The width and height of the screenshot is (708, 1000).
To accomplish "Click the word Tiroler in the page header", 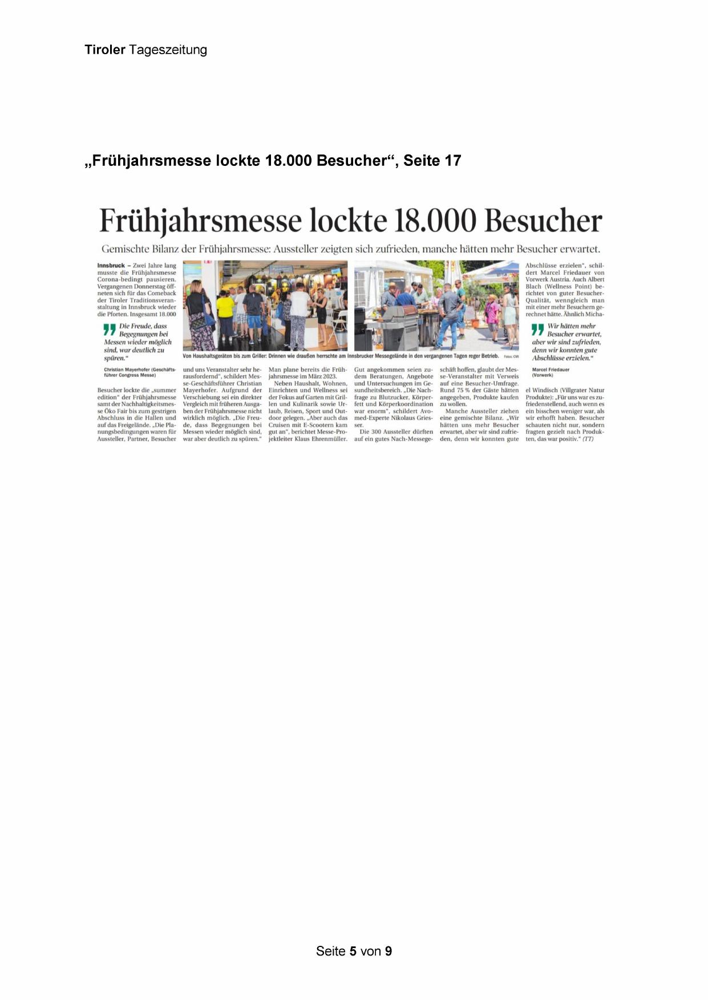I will (x=105, y=50).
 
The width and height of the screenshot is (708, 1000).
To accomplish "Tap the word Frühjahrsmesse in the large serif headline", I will (x=200, y=221).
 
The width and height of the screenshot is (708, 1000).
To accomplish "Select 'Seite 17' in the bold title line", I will (x=432, y=161).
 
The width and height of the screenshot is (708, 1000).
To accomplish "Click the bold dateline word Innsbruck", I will (x=111, y=266).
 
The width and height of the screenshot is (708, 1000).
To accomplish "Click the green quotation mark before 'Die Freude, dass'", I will (x=109, y=330).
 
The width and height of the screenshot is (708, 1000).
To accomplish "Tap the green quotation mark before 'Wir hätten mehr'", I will (x=537, y=330).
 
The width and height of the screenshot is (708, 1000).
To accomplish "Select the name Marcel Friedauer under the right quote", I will (x=551, y=369).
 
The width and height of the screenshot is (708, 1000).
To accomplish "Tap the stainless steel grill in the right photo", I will (x=397, y=325).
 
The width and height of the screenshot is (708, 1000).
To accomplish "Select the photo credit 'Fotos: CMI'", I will (x=511, y=356).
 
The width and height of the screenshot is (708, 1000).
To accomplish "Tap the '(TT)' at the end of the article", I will (x=588, y=439).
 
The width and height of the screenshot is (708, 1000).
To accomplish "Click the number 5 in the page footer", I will (x=353, y=951).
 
